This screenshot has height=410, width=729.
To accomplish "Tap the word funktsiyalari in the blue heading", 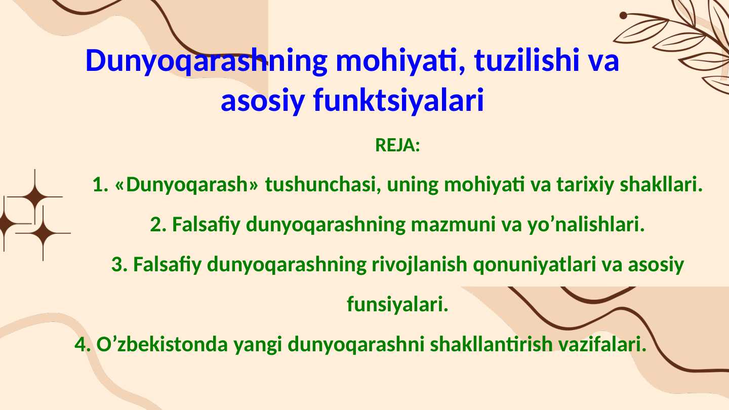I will coord(398,100).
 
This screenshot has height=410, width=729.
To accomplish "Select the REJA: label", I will coord(397,146).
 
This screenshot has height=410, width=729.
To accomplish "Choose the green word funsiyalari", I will coord(397,305).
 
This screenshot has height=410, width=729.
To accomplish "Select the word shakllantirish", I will coord(491,345).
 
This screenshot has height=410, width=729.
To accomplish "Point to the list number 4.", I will coord(83,345).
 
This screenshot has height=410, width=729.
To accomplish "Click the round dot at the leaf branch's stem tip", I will coord(623,15).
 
